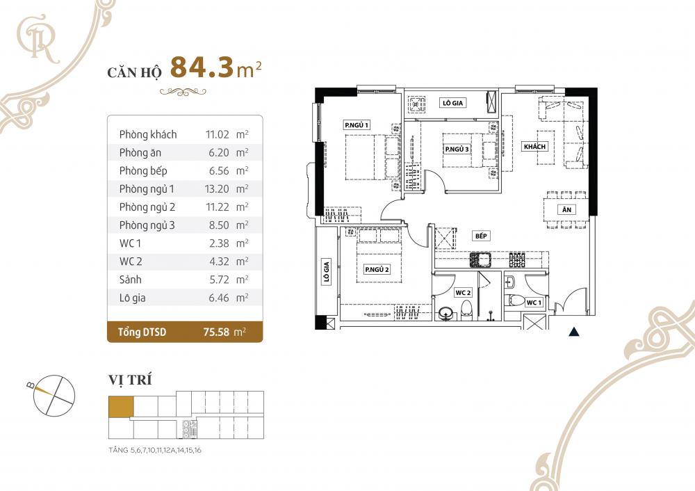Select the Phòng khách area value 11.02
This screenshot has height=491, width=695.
[217, 134]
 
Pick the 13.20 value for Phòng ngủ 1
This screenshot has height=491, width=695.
[217, 188]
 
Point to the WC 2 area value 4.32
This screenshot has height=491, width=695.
[217, 261]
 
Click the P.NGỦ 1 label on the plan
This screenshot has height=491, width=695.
[357, 124]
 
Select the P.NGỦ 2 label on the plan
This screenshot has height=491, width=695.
[377, 270]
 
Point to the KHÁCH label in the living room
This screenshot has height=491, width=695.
[536, 146]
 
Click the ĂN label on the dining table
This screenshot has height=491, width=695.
[567, 210]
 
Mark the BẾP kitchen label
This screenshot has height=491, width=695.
[480, 236]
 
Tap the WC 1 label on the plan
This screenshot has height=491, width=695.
[534, 303]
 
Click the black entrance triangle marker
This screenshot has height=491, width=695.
[574, 332]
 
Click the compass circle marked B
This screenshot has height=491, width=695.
[56, 394]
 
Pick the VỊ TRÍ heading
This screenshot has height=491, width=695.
[130, 380]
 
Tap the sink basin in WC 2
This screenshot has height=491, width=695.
[446, 314]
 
